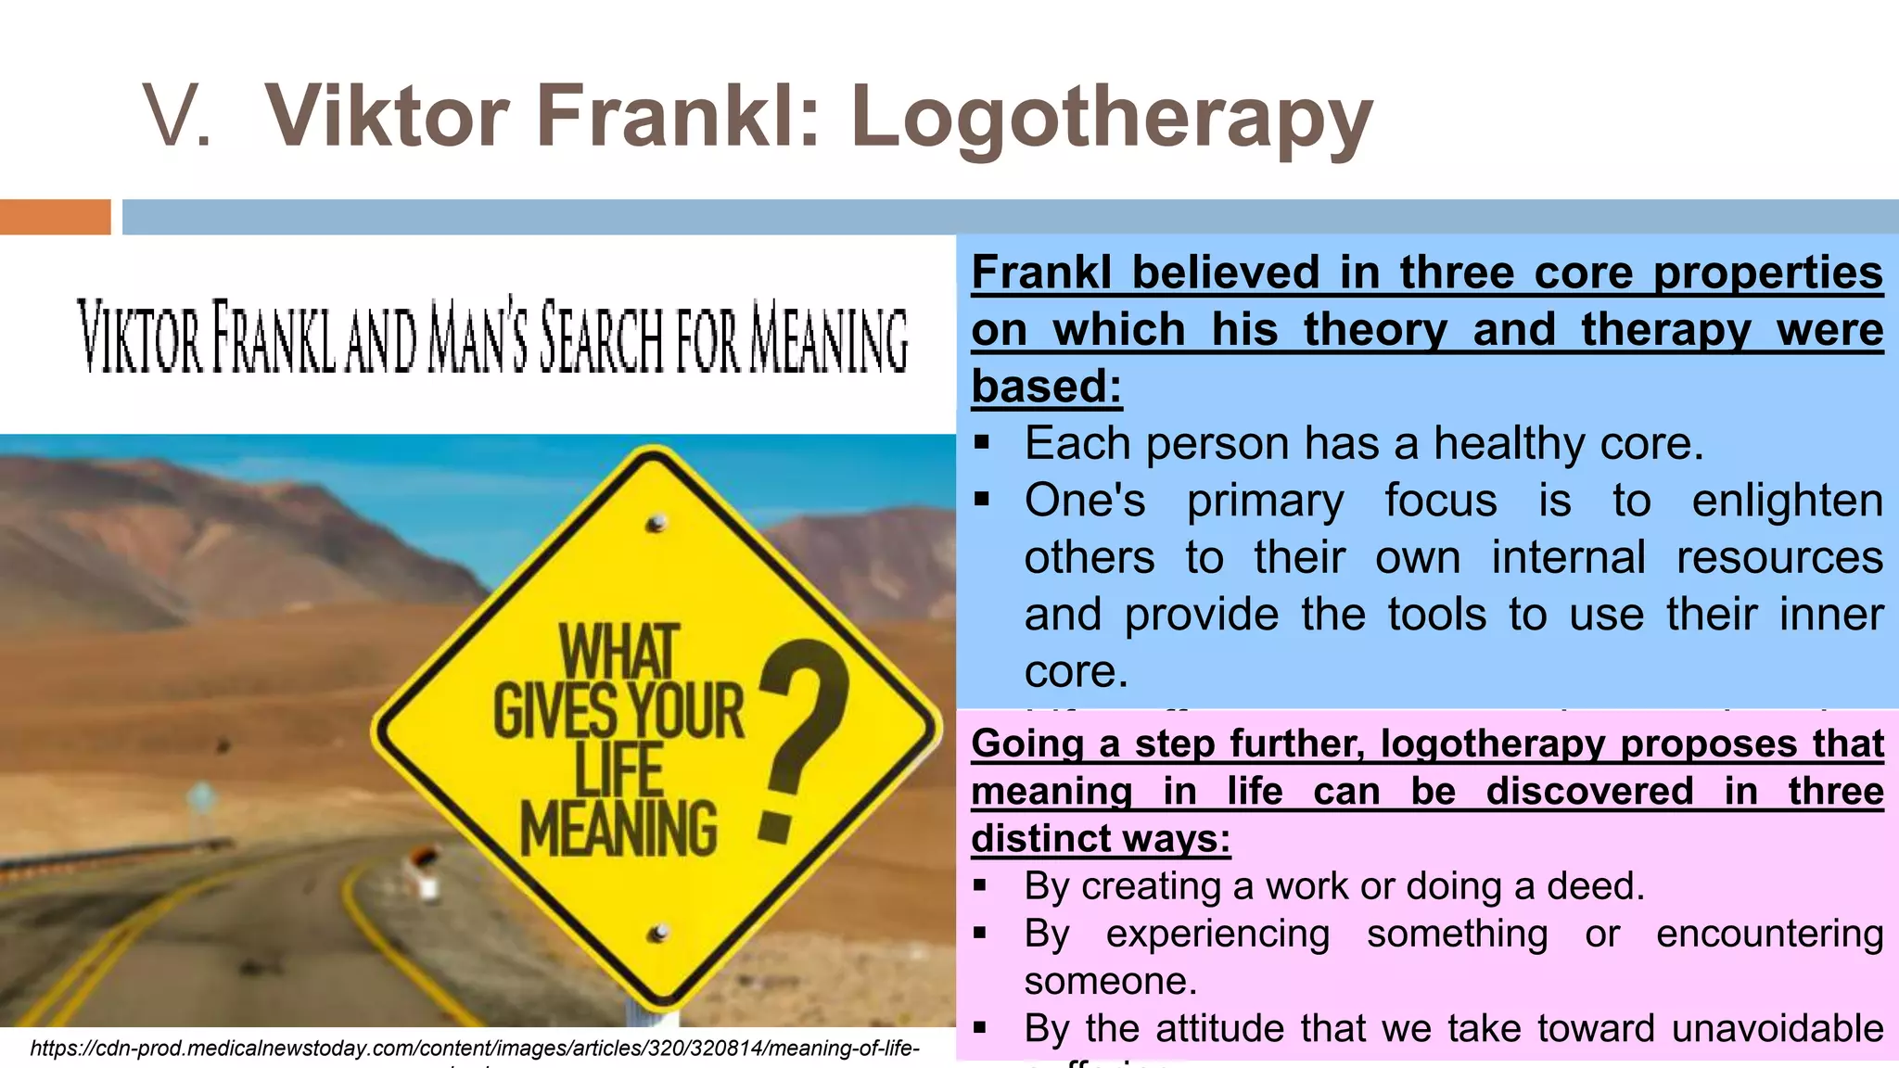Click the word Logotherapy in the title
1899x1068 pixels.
click(1111, 117)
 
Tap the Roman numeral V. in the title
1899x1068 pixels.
click(178, 117)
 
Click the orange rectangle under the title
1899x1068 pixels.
click(55, 217)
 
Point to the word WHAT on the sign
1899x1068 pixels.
click(618, 653)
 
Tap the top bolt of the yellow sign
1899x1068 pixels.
click(656, 524)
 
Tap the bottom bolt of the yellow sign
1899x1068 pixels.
click(658, 933)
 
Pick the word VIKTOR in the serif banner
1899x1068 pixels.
click(139, 336)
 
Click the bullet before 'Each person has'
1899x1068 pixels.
click(983, 444)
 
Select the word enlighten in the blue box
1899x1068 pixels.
click(1787, 501)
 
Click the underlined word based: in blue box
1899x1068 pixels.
click(1047, 387)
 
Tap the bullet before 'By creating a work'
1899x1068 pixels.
click(981, 886)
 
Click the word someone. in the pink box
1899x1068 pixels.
click(1110, 981)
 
